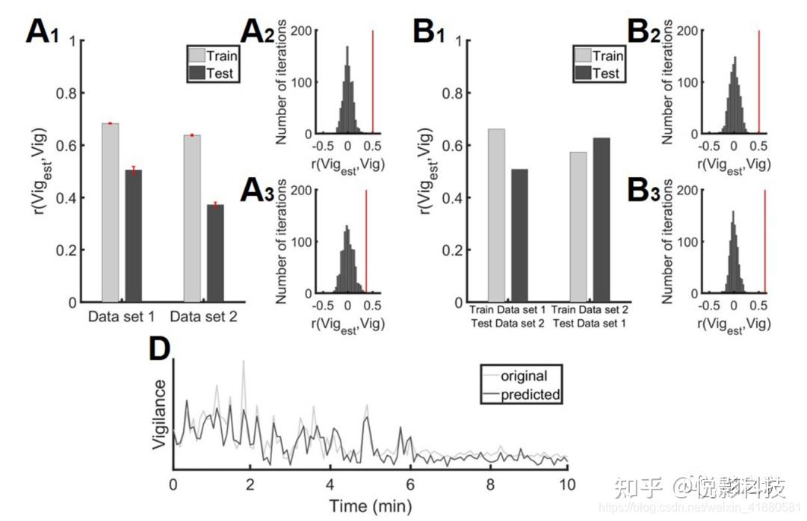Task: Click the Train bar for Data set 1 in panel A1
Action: tap(110, 213)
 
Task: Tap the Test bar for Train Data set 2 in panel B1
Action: tap(602, 220)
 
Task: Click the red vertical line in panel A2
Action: tap(372, 82)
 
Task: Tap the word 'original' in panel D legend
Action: tap(523, 375)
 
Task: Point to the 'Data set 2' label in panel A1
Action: tap(203, 317)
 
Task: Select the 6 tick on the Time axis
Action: tap(409, 483)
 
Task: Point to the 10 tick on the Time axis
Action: tap(569, 483)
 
